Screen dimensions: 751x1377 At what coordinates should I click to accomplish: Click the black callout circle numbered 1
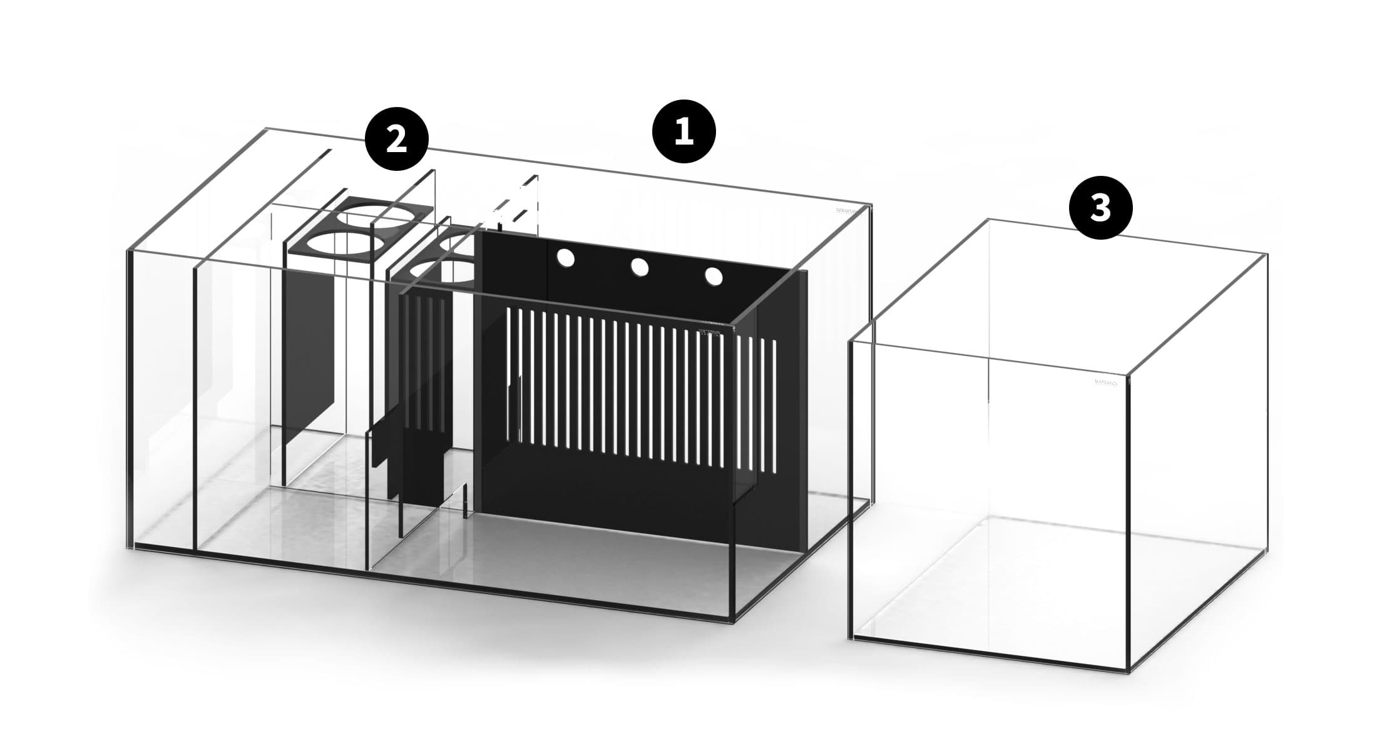point(683,131)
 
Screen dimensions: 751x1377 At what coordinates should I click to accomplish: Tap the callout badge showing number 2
point(397,140)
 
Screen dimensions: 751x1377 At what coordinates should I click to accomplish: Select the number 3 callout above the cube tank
point(1100,208)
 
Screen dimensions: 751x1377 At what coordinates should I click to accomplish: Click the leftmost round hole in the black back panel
point(566,258)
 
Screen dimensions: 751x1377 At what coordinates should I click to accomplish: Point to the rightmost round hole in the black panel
point(714,276)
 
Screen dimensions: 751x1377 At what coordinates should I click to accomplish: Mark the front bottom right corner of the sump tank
point(732,621)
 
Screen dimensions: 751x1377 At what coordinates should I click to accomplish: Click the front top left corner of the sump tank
point(129,252)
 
